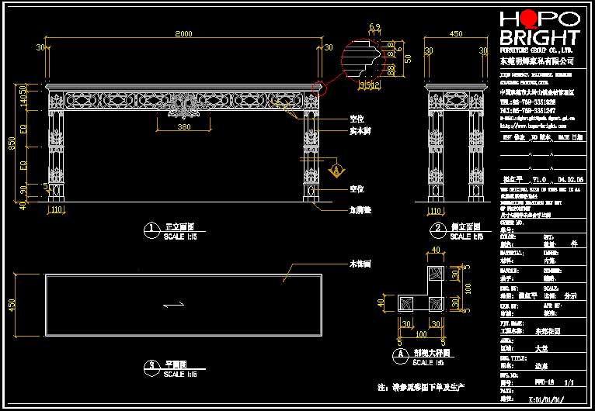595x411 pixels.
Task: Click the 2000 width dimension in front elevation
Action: click(183, 33)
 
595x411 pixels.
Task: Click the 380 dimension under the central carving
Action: click(184, 126)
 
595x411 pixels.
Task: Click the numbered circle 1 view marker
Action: click(148, 229)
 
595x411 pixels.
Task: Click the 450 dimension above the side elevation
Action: click(456, 33)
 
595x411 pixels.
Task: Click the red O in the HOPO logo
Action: click(530, 19)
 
